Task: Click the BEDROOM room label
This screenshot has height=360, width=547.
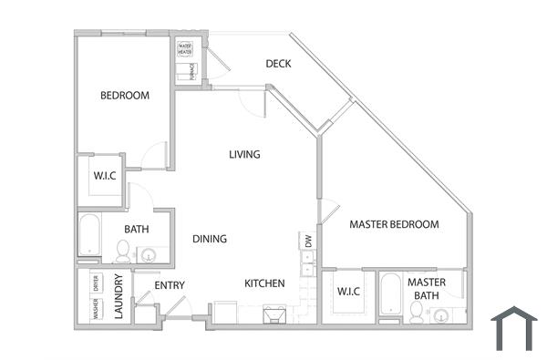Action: pyautogui.click(x=125, y=95)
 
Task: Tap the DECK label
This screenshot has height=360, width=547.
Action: pyautogui.click(x=278, y=63)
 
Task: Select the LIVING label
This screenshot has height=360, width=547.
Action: pyautogui.click(x=244, y=154)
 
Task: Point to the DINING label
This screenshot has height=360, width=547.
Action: pyautogui.click(x=210, y=239)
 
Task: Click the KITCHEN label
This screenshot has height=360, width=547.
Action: pyautogui.click(x=264, y=283)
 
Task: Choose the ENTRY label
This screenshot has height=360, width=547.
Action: pyautogui.click(x=170, y=285)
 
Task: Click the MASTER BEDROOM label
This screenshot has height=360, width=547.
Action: pyautogui.click(x=394, y=224)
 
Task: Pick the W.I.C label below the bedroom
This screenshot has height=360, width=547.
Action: pyautogui.click(x=103, y=175)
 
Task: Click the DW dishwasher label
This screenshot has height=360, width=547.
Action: pyautogui.click(x=308, y=242)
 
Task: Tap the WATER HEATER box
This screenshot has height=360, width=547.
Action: pyautogui.click(x=185, y=49)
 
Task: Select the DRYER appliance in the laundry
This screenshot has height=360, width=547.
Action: pyautogui.click(x=96, y=283)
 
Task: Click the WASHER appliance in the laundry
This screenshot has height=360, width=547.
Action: pyautogui.click(x=96, y=309)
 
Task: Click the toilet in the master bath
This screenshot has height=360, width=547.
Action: pyautogui.click(x=417, y=314)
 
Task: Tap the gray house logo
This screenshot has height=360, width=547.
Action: pyautogui.click(x=514, y=328)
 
